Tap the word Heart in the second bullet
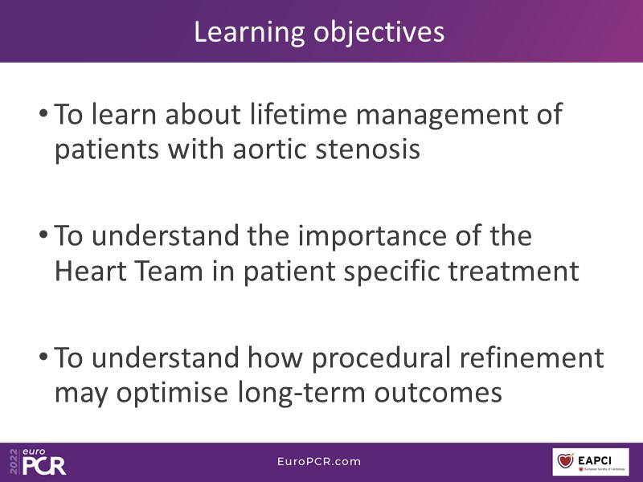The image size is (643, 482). (x=90, y=271)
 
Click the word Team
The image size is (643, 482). (x=169, y=271)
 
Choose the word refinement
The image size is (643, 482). (x=531, y=357)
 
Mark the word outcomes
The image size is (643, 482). (x=438, y=393)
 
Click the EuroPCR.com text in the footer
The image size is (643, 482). (x=319, y=461)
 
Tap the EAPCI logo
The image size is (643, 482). (x=591, y=462)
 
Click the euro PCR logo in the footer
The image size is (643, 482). (x=38, y=461)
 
